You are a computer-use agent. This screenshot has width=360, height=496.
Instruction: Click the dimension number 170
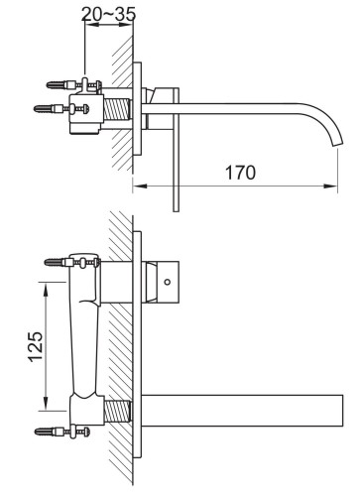238,172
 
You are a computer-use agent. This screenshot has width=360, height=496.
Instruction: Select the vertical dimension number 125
34,345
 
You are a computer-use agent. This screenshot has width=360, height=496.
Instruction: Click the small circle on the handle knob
170,282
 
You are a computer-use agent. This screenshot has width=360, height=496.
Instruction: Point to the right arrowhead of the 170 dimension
334,185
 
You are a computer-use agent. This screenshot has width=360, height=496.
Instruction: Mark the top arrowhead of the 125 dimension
46,287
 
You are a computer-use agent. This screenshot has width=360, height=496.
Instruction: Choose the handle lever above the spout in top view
165,96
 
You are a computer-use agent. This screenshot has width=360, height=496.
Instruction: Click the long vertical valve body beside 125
86,342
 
